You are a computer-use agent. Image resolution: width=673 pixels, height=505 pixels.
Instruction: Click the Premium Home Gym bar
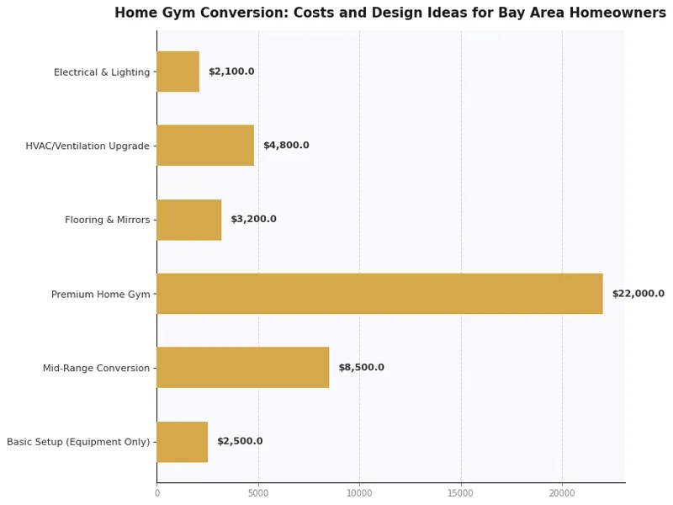click(x=379, y=294)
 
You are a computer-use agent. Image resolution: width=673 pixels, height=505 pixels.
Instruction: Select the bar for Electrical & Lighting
click(x=178, y=72)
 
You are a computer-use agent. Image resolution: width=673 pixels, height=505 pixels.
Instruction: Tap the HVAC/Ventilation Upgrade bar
click(x=205, y=146)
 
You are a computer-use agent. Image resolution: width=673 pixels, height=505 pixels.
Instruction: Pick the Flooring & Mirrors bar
click(x=189, y=220)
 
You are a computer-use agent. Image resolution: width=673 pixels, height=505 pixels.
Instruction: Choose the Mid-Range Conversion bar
click(x=243, y=368)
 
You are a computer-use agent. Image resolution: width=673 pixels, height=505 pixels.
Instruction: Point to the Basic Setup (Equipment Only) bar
click(x=183, y=442)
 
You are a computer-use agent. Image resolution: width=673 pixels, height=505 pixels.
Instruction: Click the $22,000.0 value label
click(x=638, y=294)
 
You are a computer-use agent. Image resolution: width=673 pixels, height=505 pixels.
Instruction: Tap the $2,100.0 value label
click(x=231, y=72)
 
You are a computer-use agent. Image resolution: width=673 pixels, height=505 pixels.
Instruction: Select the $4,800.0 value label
click(x=286, y=146)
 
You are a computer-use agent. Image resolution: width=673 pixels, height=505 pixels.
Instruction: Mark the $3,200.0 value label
click(x=253, y=220)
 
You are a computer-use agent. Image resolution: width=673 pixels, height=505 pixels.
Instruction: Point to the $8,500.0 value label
click(x=361, y=368)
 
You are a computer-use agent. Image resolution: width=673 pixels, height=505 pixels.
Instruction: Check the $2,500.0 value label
click(x=240, y=442)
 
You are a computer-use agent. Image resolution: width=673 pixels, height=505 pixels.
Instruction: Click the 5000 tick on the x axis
click(x=258, y=493)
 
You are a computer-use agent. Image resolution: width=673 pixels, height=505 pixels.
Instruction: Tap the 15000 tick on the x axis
click(x=461, y=493)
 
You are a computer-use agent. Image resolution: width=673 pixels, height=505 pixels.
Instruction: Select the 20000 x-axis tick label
click(x=562, y=493)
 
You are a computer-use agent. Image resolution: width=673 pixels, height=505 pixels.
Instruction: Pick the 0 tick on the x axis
click(x=157, y=493)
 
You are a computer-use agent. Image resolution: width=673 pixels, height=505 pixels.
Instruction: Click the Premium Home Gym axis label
click(x=100, y=295)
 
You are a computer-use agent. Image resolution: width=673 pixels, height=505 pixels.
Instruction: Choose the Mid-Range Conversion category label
click(x=96, y=369)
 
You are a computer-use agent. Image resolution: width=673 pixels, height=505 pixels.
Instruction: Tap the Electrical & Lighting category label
click(x=102, y=72)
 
